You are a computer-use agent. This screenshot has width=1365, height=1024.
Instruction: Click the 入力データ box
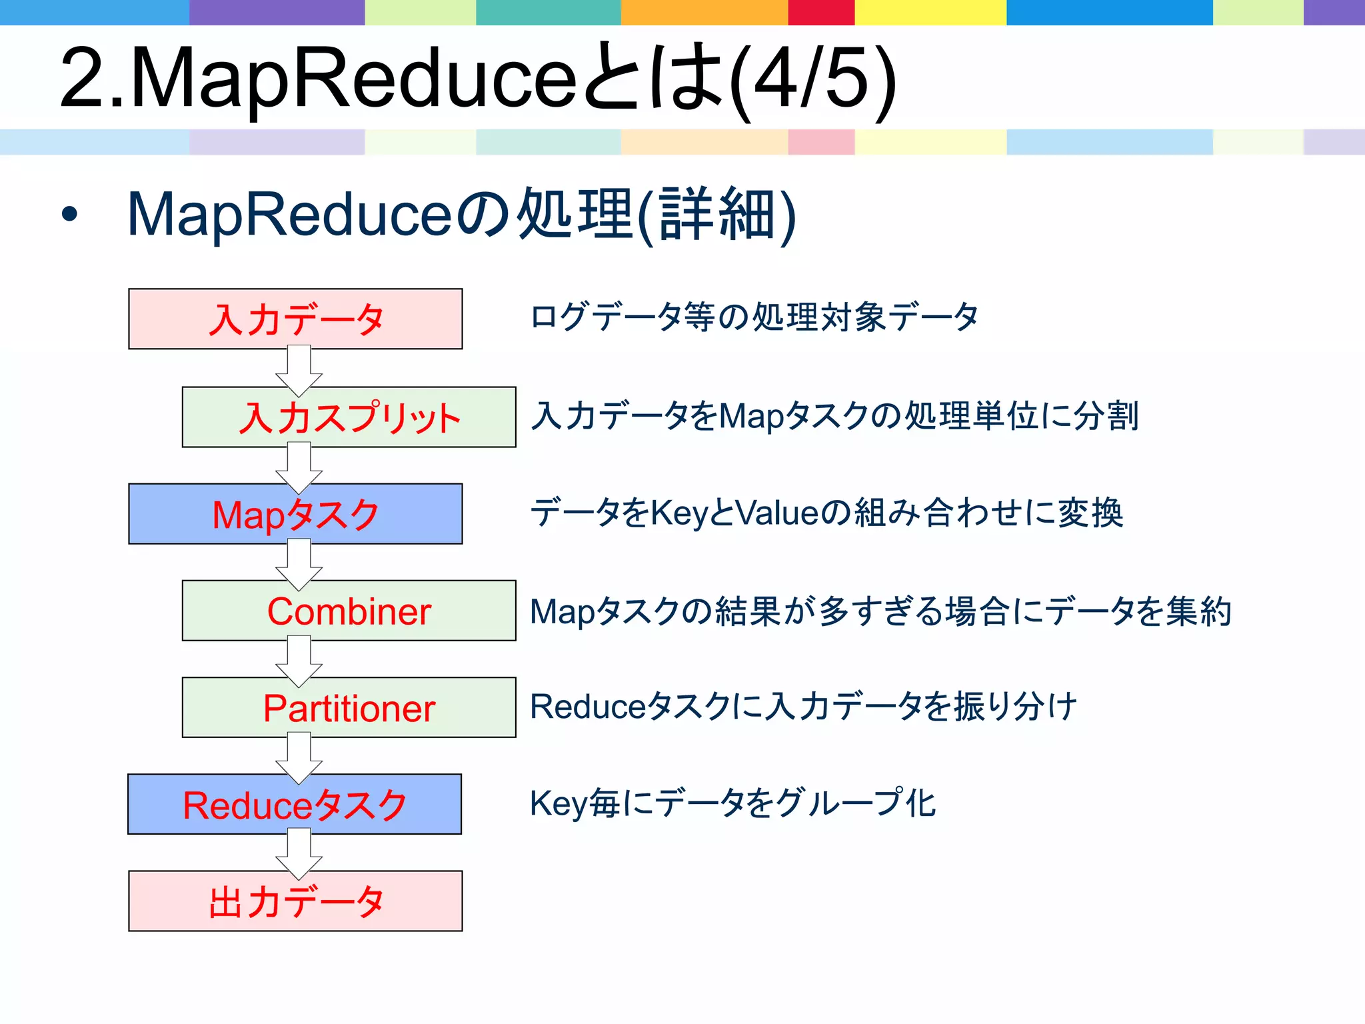pos(295,319)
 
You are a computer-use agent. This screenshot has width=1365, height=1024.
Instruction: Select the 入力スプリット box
pos(349,417)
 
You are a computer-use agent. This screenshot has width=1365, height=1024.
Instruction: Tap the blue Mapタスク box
pos(295,514)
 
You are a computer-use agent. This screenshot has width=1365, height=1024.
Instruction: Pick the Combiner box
pos(349,611)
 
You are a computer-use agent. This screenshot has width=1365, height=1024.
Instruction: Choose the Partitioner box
pos(349,707)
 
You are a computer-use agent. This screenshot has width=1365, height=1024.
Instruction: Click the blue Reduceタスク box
pos(295,804)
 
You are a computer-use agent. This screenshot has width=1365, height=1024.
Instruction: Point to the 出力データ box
pos(295,901)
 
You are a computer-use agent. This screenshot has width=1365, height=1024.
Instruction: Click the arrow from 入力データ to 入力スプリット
pos(299,371)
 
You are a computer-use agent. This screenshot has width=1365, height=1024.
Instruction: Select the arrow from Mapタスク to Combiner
pos(299,564)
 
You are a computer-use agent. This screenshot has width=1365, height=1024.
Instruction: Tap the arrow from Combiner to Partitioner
pos(299,661)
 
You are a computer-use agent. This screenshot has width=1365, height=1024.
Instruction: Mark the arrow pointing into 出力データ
pos(299,854)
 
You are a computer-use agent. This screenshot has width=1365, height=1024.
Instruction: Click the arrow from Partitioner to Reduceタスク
pos(299,757)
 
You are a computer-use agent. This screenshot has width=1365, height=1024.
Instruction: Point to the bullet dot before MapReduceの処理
pos(69,215)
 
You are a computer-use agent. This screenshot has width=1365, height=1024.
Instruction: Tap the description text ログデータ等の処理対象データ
pos(754,317)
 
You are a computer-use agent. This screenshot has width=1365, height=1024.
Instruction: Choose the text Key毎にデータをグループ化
pos(732,803)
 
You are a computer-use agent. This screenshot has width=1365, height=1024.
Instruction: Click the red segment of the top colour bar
pos(821,12)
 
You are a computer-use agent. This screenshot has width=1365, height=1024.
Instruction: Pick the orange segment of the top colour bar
pos(704,12)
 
